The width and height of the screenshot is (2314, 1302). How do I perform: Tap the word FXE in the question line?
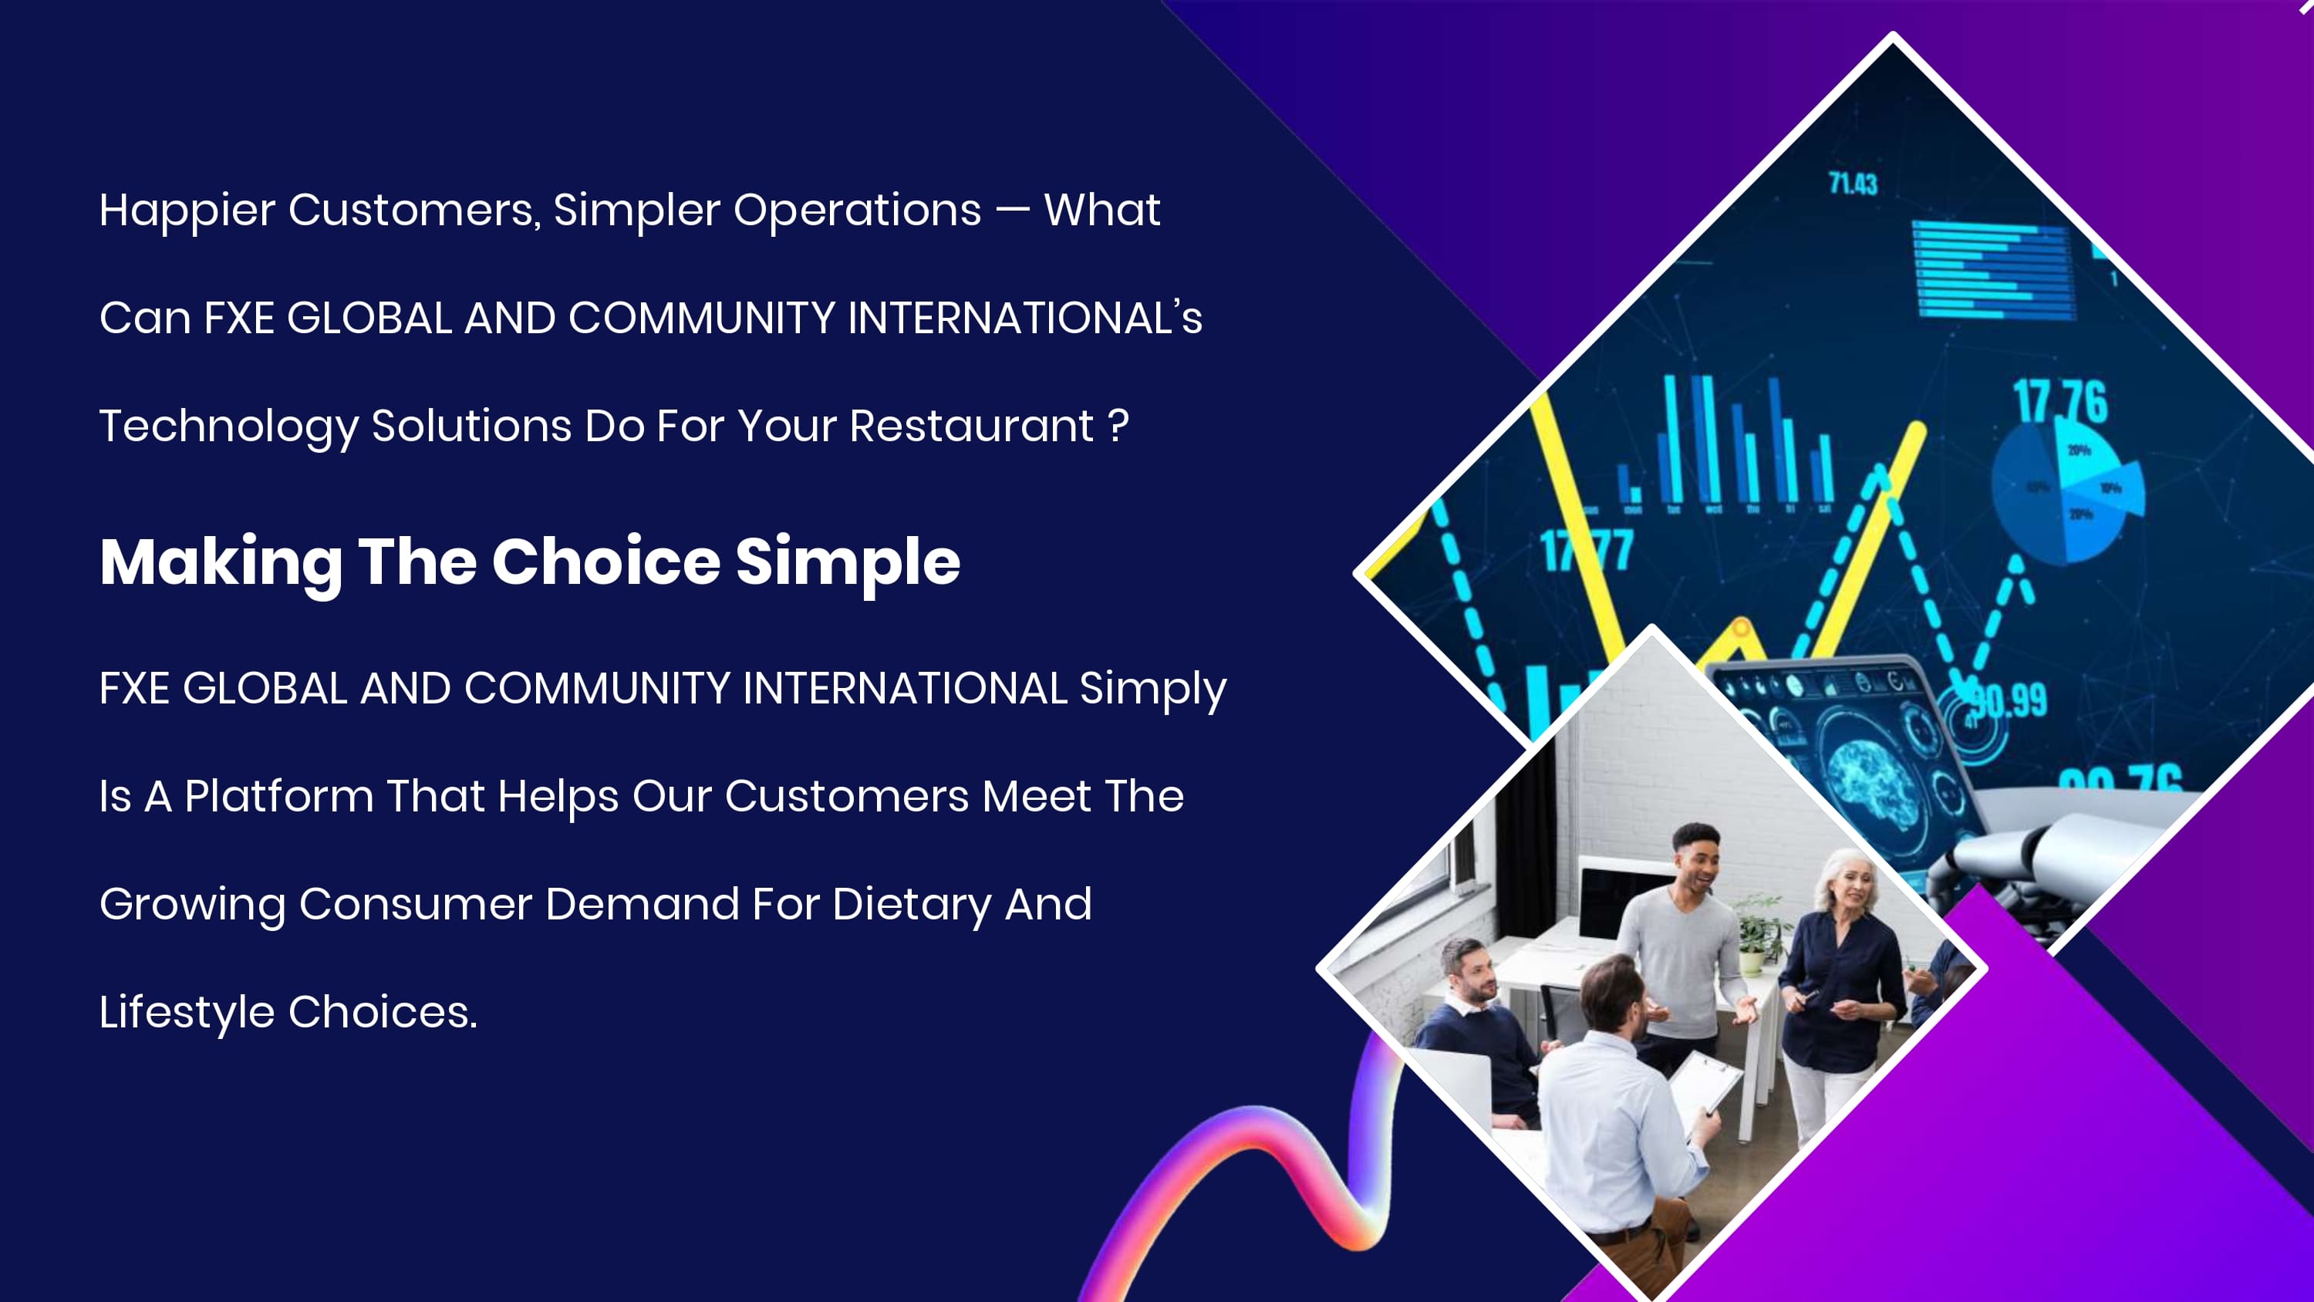tap(239, 318)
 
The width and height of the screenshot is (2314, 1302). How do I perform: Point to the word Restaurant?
tap(971, 426)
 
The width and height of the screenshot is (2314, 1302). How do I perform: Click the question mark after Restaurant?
tap(1118, 426)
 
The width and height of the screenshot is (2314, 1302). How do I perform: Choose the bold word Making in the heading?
tap(221, 563)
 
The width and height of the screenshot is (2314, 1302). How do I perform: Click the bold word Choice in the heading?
tap(605, 562)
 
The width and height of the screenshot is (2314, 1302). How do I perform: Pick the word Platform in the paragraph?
tap(278, 796)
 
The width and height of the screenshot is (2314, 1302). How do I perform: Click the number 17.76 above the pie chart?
tap(2059, 402)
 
